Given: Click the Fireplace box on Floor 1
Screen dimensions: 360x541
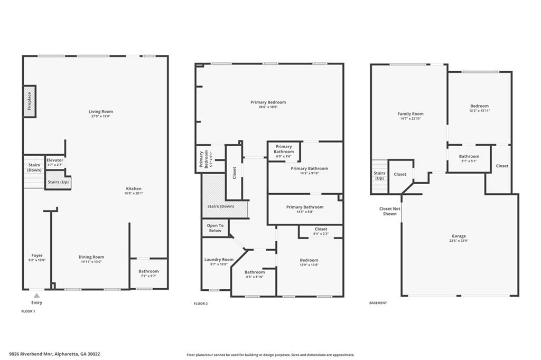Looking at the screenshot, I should [30, 101].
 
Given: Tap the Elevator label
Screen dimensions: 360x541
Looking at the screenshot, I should [55, 160].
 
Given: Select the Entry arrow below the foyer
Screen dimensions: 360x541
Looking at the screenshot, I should [36, 296].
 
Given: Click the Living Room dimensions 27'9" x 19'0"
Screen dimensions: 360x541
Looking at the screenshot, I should [100, 117].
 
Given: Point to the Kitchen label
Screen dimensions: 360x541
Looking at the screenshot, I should [134, 188].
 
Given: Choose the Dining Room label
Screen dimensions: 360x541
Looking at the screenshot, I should [91, 257].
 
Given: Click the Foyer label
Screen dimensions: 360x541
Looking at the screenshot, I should [37, 255].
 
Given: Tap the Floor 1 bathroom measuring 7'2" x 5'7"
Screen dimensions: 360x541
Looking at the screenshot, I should [148, 273].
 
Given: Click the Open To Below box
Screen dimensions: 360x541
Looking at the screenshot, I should [215, 228].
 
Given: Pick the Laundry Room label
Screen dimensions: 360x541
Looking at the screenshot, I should [219, 259].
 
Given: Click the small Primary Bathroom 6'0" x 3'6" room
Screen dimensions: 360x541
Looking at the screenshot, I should [284, 151].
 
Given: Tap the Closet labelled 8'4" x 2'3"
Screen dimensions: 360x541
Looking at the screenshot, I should [321, 231].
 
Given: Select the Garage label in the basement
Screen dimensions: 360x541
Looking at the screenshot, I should [459, 236].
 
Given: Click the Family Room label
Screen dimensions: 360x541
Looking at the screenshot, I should [411, 113].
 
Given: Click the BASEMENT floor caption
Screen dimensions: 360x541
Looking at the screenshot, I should [378, 303].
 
